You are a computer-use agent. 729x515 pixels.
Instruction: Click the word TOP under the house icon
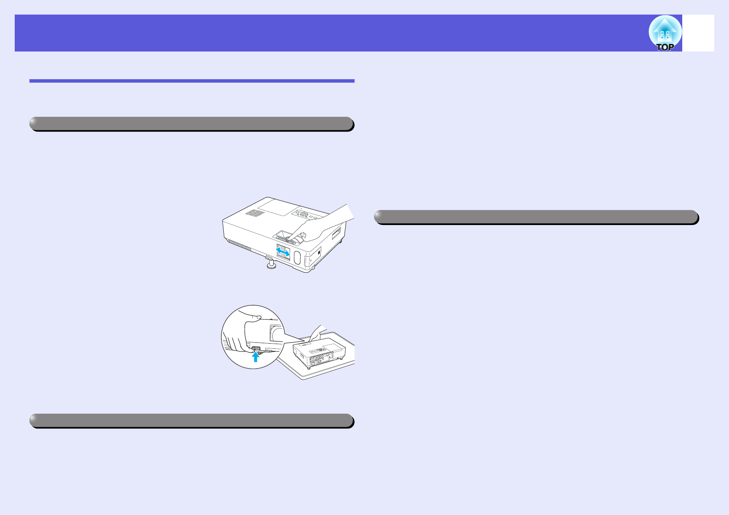coord(665,47)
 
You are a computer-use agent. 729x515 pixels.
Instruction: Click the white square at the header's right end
coord(698,33)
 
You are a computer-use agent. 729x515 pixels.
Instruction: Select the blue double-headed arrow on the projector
coord(283,251)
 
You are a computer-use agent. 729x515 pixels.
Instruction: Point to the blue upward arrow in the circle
coord(256,357)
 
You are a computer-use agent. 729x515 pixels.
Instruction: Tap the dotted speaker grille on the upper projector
coord(255,213)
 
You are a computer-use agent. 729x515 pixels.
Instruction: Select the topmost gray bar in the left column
coord(191,124)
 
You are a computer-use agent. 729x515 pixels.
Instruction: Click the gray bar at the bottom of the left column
coord(191,421)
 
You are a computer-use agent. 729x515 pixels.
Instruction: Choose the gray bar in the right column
coord(536,217)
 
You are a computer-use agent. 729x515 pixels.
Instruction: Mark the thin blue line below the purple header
coord(191,81)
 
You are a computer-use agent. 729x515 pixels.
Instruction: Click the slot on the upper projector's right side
coord(336,234)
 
